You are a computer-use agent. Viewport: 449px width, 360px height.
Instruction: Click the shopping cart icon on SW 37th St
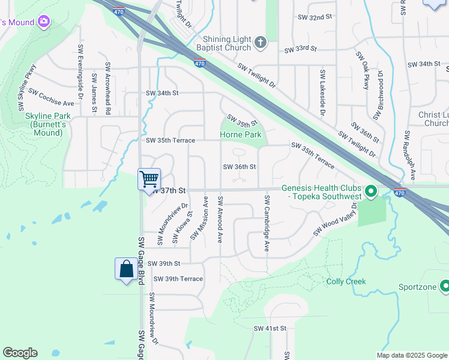tap(149, 178)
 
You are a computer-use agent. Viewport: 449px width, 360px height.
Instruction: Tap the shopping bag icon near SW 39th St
tap(126, 268)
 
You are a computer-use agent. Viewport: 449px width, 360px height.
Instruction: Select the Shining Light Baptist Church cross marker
tap(260, 42)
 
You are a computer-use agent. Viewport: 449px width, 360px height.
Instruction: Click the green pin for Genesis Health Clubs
tap(371, 192)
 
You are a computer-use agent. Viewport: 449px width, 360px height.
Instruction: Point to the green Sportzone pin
tap(444, 286)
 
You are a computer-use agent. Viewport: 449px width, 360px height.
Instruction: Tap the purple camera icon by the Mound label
tap(43, 22)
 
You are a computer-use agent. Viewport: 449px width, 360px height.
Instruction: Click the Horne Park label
tap(241, 135)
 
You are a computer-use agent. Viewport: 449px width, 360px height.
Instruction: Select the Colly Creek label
tap(346, 281)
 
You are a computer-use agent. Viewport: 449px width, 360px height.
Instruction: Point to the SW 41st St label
tap(270, 328)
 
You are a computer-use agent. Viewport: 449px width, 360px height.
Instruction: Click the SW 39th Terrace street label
tap(178, 279)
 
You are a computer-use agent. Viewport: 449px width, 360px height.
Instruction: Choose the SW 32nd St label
tap(316, 18)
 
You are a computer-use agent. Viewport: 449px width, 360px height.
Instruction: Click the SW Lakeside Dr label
tap(322, 92)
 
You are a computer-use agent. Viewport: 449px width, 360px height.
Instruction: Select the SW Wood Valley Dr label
tap(335, 219)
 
